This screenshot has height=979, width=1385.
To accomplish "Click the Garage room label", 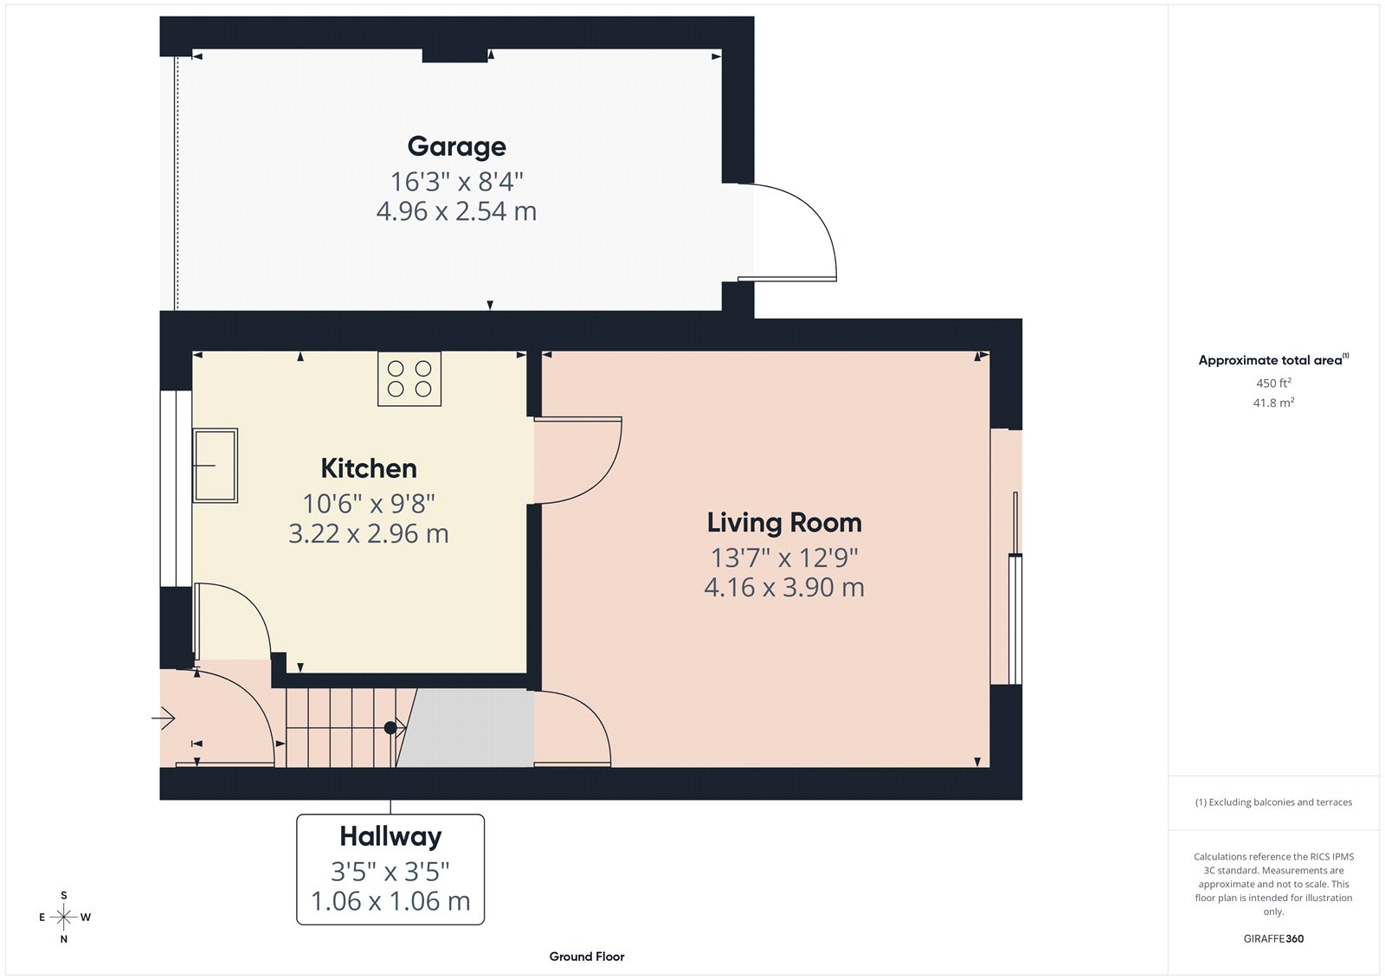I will (456, 146).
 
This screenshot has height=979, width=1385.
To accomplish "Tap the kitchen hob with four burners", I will (409, 379).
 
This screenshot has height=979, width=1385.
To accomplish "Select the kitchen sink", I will (215, 465).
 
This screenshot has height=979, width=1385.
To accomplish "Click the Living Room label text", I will (784, 523).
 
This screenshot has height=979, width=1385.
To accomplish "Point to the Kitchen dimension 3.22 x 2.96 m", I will (369, 533).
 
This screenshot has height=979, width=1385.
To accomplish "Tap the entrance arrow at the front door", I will (164, 718).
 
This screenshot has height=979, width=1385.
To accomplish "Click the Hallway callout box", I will (390, 869).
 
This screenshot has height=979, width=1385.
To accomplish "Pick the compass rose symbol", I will (64, 917).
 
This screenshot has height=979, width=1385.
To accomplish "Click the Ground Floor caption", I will (586, 956).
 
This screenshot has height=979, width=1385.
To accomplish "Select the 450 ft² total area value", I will (1273, 383).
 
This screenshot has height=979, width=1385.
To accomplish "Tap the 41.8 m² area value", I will (1273, 403).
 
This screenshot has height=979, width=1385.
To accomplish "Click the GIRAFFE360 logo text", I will (1273, 938).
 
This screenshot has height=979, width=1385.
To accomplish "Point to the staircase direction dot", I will (390, 728).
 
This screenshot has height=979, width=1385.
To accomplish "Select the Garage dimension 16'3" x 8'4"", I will (456, 182).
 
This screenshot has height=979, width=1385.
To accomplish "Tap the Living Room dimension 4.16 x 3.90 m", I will (784, 588).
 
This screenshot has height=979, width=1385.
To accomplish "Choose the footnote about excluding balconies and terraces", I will (1273, 802).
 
